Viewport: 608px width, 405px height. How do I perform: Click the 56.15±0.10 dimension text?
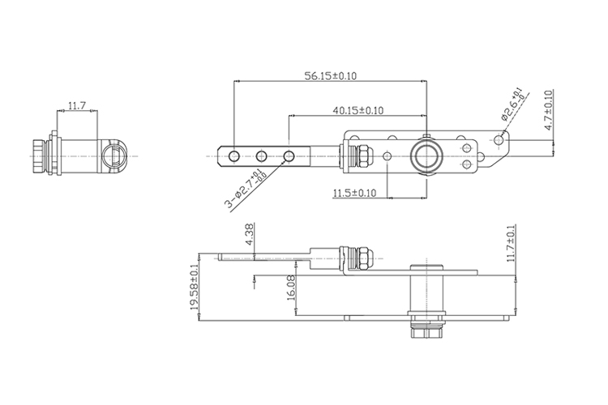[331, 75]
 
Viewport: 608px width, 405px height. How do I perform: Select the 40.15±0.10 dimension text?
[358, 110]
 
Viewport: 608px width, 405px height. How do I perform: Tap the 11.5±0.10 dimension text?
[354, 193]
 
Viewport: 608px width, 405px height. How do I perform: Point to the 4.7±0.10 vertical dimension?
[548, 110]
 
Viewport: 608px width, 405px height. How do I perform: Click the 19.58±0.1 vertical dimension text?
[195, 288]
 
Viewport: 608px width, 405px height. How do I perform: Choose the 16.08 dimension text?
[291, 288]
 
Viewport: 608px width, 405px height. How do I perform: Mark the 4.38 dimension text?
[250, 233]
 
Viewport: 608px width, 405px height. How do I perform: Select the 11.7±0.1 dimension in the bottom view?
[511, 243]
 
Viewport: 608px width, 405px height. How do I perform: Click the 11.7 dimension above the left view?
[77, 105]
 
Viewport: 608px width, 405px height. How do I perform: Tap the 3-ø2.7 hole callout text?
[246, 190]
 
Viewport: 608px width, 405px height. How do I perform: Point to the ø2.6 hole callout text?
[512, 104]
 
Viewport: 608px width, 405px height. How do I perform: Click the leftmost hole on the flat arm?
[234, 156]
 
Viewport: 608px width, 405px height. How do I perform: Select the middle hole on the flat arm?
[261, 156]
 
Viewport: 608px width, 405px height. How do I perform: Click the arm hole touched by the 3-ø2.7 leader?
[289, 156]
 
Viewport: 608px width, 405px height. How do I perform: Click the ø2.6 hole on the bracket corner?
[499, 140]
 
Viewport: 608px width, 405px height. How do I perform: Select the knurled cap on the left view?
[40, 156]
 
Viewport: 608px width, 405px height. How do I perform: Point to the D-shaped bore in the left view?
[114, 156]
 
